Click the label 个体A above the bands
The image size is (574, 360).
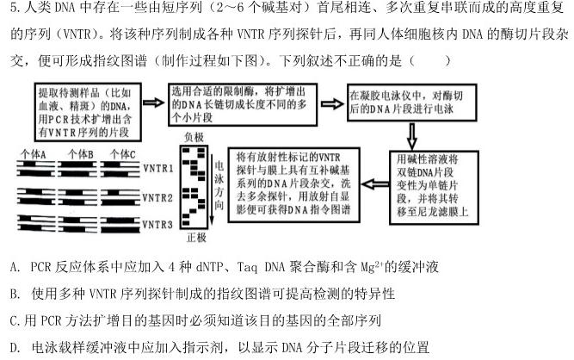[x=35, y=153]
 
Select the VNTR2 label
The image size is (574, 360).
[x=158, y=197]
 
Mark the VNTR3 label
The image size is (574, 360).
[x=158, y=224]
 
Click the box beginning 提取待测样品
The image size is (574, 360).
[x=85, y=106]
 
